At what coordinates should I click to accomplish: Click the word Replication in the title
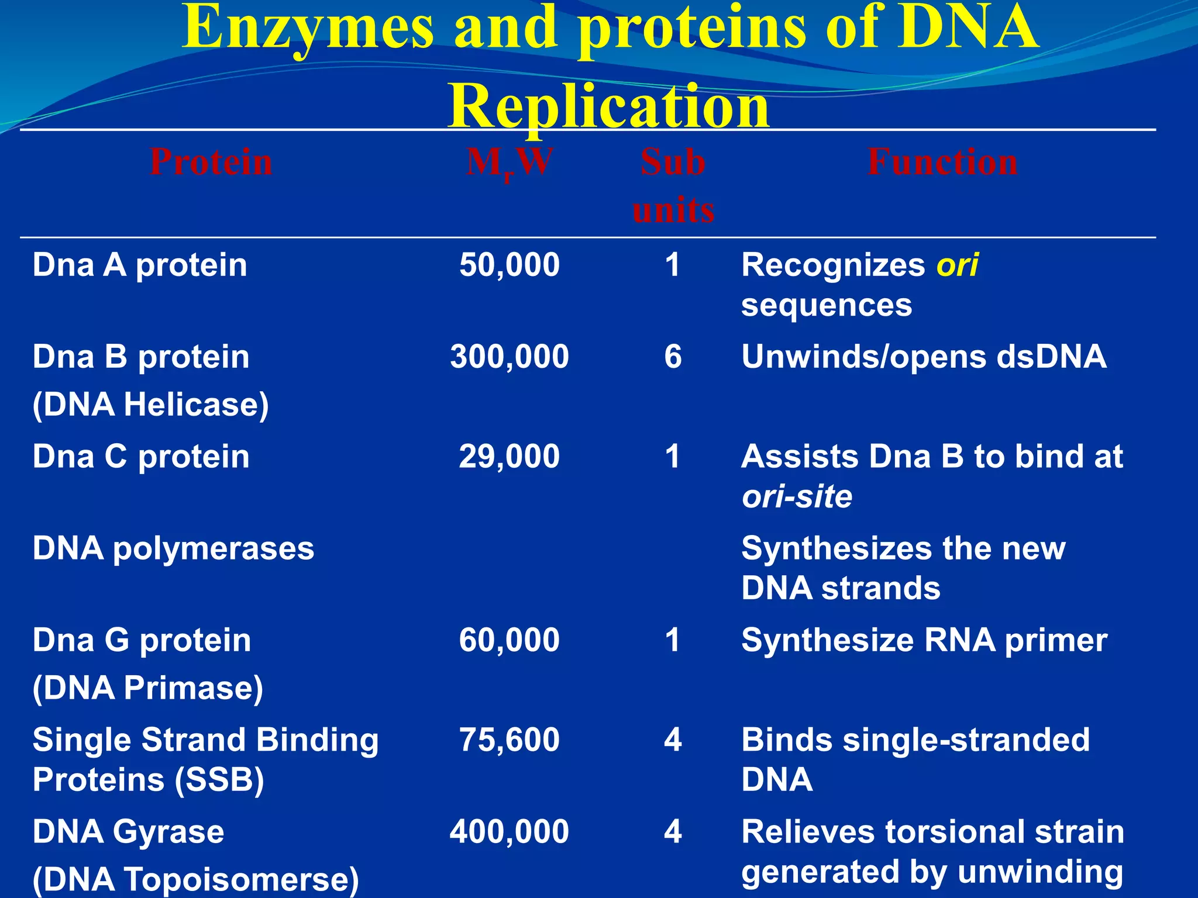[608, 106]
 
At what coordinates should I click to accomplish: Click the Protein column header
[211, 162]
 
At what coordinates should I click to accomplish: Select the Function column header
[942, 162]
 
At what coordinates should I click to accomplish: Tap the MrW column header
[509, 163]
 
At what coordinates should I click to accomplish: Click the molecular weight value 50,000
[509, 265]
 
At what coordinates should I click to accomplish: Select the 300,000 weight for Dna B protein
[509, 357]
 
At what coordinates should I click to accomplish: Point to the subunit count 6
[673, 357]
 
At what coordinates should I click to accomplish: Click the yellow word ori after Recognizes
[957, 265]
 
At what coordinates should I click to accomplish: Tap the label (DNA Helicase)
[150, 405]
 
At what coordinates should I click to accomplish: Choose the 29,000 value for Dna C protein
[509, 457]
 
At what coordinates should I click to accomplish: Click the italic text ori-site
[797, 497]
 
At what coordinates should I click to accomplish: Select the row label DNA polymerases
[173, 548]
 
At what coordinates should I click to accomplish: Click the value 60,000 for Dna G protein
[509, 640]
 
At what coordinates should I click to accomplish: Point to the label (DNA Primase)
[147, 688]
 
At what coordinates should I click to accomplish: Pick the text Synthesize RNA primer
[924, 640]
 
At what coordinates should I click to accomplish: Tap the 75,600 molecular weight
[509, 740]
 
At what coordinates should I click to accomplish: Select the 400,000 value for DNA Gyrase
[509, 831]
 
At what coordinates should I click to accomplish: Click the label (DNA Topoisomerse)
[195, 879]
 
